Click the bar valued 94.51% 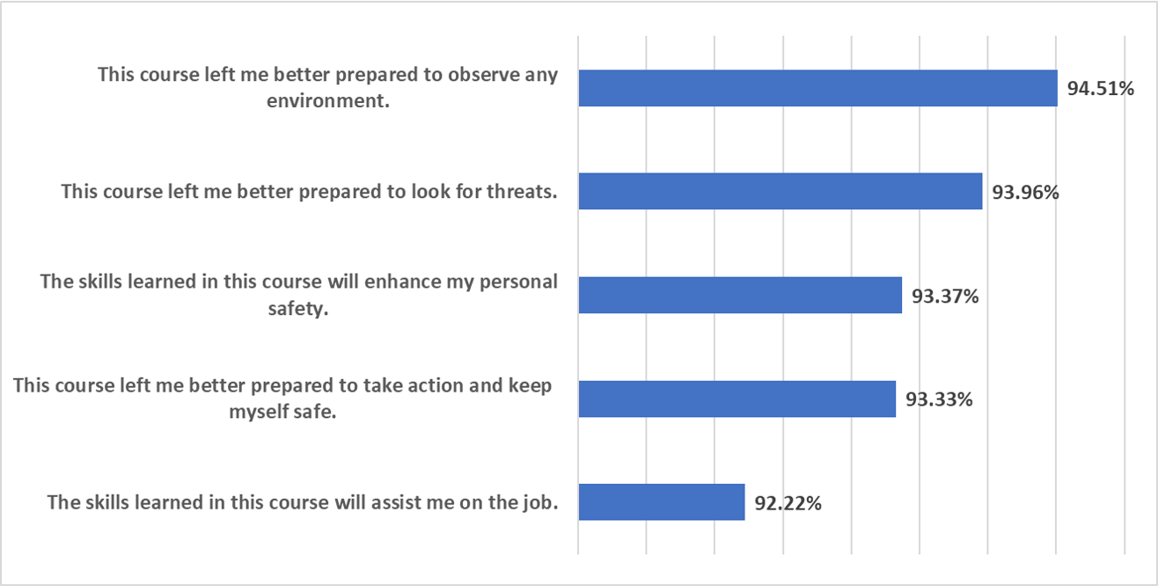(817, 88)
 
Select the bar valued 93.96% (780, 191)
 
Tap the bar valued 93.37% (740, 295)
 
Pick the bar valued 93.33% (737, 399)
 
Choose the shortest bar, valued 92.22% (661, 502)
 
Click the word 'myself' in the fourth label (254, 412)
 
